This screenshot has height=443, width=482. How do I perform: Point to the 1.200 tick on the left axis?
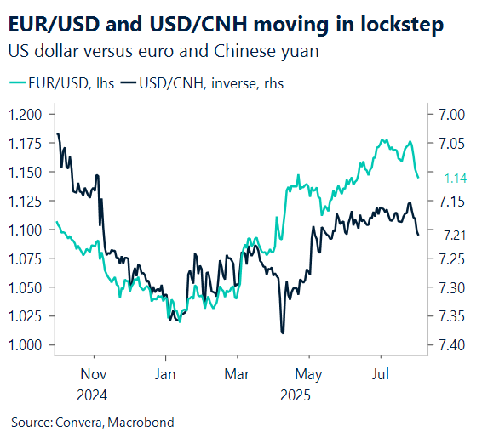pyautogui.click(x=26, y=114)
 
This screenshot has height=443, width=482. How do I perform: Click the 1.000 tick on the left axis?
pyautogui.click(x=26, y=345)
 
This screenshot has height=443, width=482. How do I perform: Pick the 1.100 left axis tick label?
pyautogui.click(x=26, y=230)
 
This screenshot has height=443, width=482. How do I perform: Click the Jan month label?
pyautogui.click(x=165, y=375)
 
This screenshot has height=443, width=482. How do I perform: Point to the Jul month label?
pyautogui.click(x=381, y=375)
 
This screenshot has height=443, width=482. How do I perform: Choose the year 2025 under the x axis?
pyautogui.click(x=296, y=395)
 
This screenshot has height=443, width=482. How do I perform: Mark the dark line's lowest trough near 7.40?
pyautogui.click(x=282, y=332)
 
